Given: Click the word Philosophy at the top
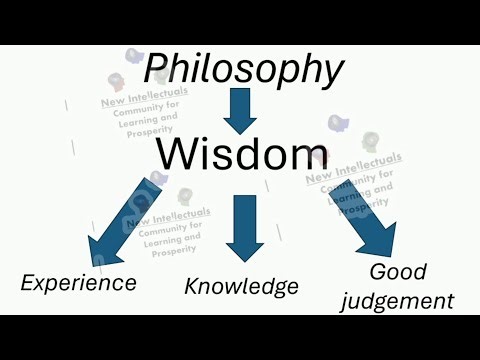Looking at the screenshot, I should click(244, 70).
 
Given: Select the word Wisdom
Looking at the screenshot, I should click(241, 154).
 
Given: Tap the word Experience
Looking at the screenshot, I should click(78, 282).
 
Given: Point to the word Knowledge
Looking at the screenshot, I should click(241, 286).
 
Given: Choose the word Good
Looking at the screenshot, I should click(399, 271).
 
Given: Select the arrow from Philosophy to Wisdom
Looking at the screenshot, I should click(240, 111).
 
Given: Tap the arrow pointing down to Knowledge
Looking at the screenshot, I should click(244, 227).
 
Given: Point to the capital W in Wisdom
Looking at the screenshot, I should click(177, 154).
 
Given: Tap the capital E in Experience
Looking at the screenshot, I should click(28, 282).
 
